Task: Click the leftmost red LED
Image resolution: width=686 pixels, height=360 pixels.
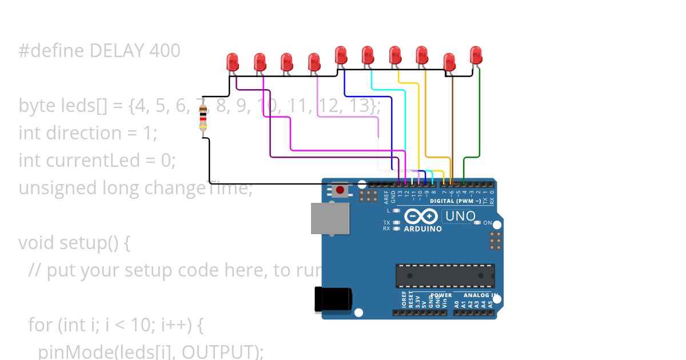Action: [x=232, y=61]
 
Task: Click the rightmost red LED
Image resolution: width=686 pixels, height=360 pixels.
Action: [x=476, y=55]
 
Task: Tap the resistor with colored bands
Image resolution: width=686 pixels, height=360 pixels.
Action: [x=203, y=118]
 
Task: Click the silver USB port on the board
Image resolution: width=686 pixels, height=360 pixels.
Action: [x=330, y=218]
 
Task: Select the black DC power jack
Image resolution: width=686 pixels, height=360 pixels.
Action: [x=333, y=299]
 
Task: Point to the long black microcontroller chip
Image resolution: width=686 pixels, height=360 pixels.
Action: [x=445, y=276]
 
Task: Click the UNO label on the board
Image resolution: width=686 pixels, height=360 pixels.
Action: [x=460, y=216]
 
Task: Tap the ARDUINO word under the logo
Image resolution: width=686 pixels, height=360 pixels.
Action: [x=423, y=229]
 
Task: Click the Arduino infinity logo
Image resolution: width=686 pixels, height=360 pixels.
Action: [x=421, y=217]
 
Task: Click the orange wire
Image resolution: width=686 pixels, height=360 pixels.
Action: [x=425, y=114]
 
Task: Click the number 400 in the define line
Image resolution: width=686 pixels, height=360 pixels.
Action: [x=165, y=51]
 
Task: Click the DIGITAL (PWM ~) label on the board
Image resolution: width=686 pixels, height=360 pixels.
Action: [x=455, y=201]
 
